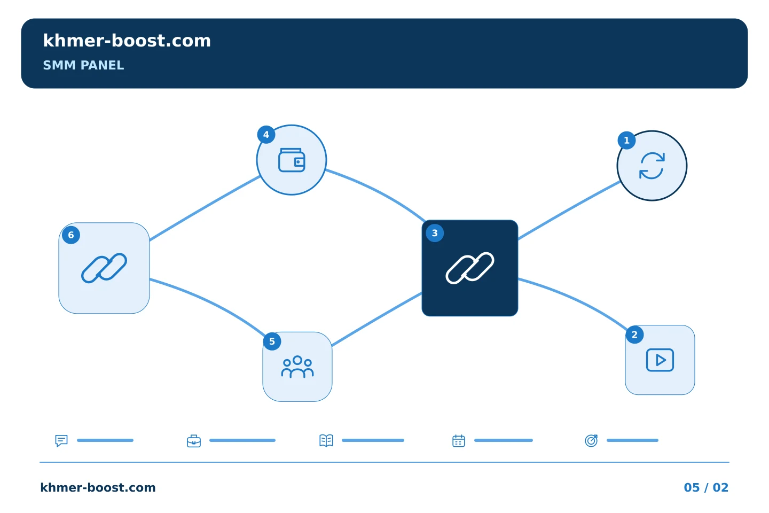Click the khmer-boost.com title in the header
tap(127, 41)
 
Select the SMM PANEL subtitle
tap(83, 65)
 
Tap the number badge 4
tap(266, 134)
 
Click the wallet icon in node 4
tap(292, 160)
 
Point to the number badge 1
tap(626, 140)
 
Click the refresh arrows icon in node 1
tap(652, 166)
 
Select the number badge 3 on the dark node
tap(435, 233)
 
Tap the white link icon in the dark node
tap(469, 268)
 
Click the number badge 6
tap(71, 235)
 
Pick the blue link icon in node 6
tap(104, 268)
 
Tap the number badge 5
tap(272, 341)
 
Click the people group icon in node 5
tap(297, 367)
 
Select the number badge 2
tap(635, 335)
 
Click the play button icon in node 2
tap(660, 360)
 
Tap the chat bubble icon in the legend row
tap(61, 440)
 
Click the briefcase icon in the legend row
tap(194, 441)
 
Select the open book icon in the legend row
tap(326, 440)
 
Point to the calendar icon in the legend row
tap(459, 441)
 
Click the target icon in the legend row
tap(591, 440)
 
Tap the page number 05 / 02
tap(706, 487)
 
